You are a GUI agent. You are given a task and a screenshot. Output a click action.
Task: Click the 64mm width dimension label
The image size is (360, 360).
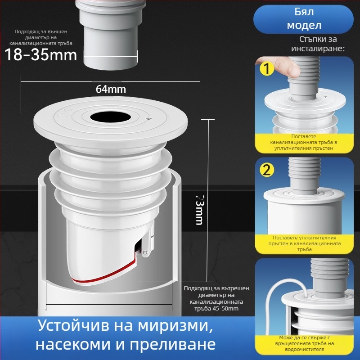click(111, 89)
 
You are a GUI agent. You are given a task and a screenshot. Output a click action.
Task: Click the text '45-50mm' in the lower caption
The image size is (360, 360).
click(220, 309)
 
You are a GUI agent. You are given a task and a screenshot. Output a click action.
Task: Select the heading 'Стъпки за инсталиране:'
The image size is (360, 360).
click(318, 44)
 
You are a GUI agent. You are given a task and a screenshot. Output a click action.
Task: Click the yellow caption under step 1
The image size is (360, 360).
click(303, 142)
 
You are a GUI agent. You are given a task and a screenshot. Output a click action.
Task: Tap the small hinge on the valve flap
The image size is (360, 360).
click(145, 254)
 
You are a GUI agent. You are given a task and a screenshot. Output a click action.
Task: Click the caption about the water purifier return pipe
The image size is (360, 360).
click(304, 343)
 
